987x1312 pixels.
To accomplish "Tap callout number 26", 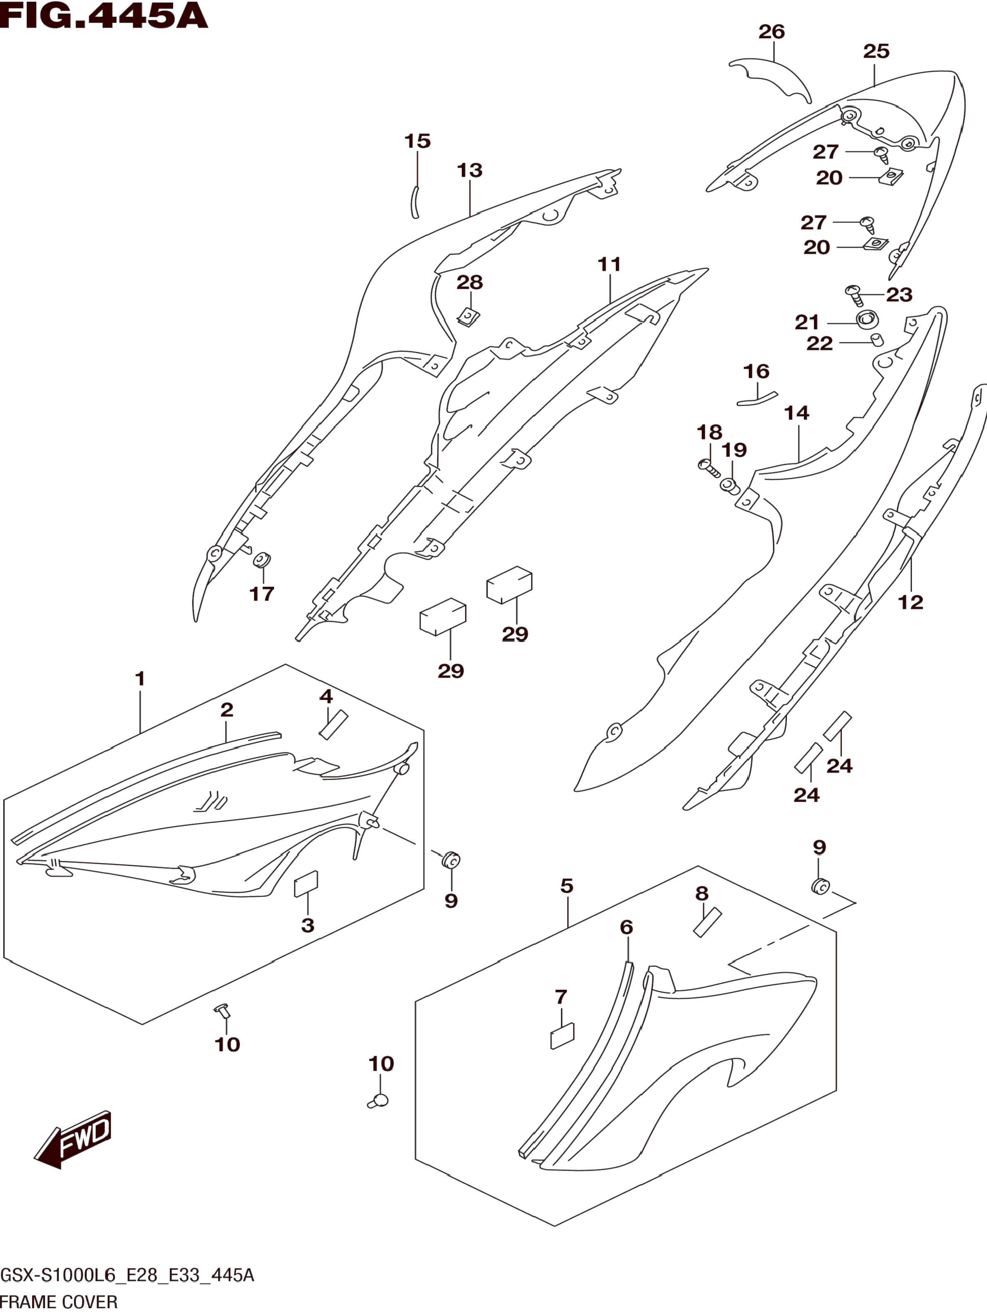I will pos(771,31).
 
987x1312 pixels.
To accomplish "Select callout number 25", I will pos(876,52).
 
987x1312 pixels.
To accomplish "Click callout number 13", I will pos(469,171).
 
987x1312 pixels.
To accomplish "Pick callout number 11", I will pos(609,265).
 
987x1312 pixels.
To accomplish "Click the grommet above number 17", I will pos(261,559).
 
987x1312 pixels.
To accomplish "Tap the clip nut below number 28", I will pos(469,317).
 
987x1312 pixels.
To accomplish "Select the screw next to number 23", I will pos(855,294).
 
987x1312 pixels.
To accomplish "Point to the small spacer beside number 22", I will pos(876,340).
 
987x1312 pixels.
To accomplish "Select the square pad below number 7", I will pos(562,1036).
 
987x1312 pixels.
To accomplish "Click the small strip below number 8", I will pos(706,922).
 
